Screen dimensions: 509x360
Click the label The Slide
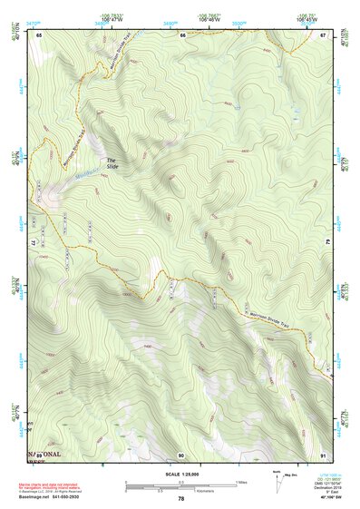click(x=112, y=164)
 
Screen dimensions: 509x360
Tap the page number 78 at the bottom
click(x=180, y=498)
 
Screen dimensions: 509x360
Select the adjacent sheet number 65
click(x=40, y=34)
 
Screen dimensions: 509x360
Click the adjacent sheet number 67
click(x=322, y=34)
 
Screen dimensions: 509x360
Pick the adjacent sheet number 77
click(x=38, y=242)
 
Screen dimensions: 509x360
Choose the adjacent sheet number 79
click(x=327, y=242)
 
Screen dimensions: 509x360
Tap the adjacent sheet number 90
click(x=181, y=454)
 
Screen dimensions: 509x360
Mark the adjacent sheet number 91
click(x=322, y=454)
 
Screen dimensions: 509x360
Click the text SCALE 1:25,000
click(x=180, y=474)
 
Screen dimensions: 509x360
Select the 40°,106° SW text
click(x=319, y=499)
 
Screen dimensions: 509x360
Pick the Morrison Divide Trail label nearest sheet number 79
click(x=270, y=315)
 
